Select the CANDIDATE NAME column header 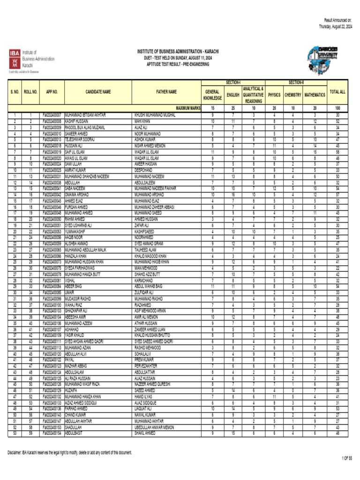[x=98, y=92]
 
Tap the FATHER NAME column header [x=166, y=92]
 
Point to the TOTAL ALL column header [x=337, y=92]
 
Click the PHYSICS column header [x=274, y=95]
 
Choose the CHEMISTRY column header [x=292, y=95]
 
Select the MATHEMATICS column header [x=315, y=95]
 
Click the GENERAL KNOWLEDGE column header [x=212, y=95]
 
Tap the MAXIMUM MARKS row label [x=188, y=108]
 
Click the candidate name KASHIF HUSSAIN [x=76, y=121]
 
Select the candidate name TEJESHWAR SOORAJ [x=80, y=139]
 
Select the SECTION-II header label [x=296, y=82]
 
